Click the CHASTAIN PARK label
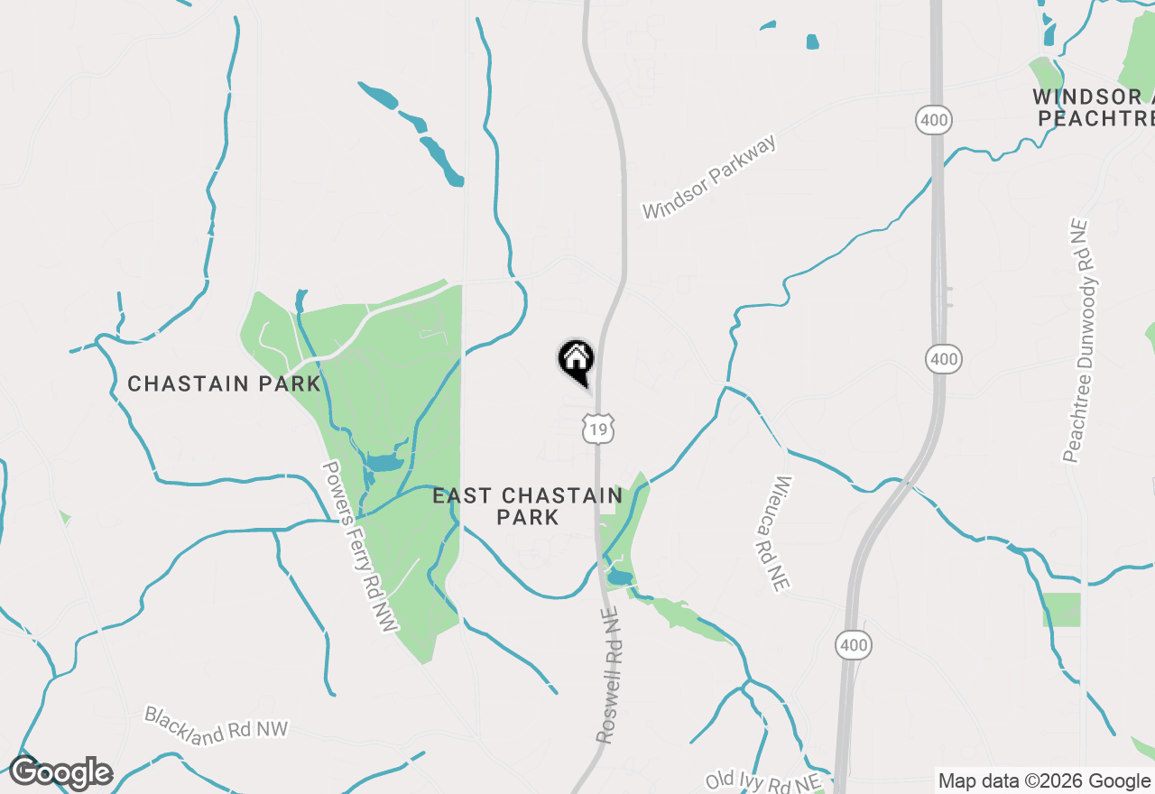pos(224,383)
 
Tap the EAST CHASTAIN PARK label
pos(527,506)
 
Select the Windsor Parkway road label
pos(709,179)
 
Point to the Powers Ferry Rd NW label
pos(360,547)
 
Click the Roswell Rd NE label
pos(609,675)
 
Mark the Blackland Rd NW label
pos(217,725)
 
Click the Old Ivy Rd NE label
pos(763,780)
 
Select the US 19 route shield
pos(598,429)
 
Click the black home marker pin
pos(576,361)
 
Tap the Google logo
pos(60,773)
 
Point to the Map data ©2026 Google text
pos(1044,780)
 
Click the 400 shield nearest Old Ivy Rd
pos(853,644)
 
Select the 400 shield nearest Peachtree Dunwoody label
pos(944,360)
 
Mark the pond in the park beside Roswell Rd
pos(619,577)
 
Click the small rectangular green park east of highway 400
pos(1062,610)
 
